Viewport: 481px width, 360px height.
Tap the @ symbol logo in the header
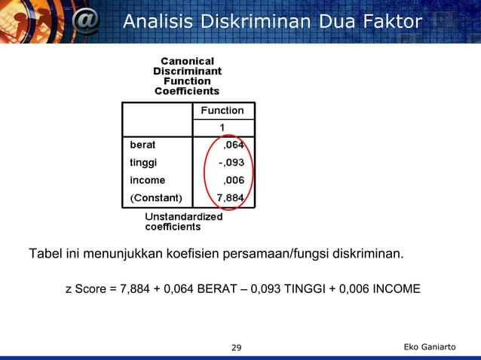point(85,22)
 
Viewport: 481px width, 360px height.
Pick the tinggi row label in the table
point(144,161)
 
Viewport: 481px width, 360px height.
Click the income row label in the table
point(148,180)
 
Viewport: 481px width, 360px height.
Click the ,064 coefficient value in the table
point(234,143)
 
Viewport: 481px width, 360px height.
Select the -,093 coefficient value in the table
point(231,161)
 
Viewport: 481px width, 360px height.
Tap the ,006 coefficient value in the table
point(234,180)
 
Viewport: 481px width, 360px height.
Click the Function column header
point(222,111)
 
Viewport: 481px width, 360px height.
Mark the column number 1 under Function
point(222,126)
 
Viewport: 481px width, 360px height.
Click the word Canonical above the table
point(187,60)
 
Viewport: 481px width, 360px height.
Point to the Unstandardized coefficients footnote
point(183,221)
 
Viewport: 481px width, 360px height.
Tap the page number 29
point(236,347)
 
